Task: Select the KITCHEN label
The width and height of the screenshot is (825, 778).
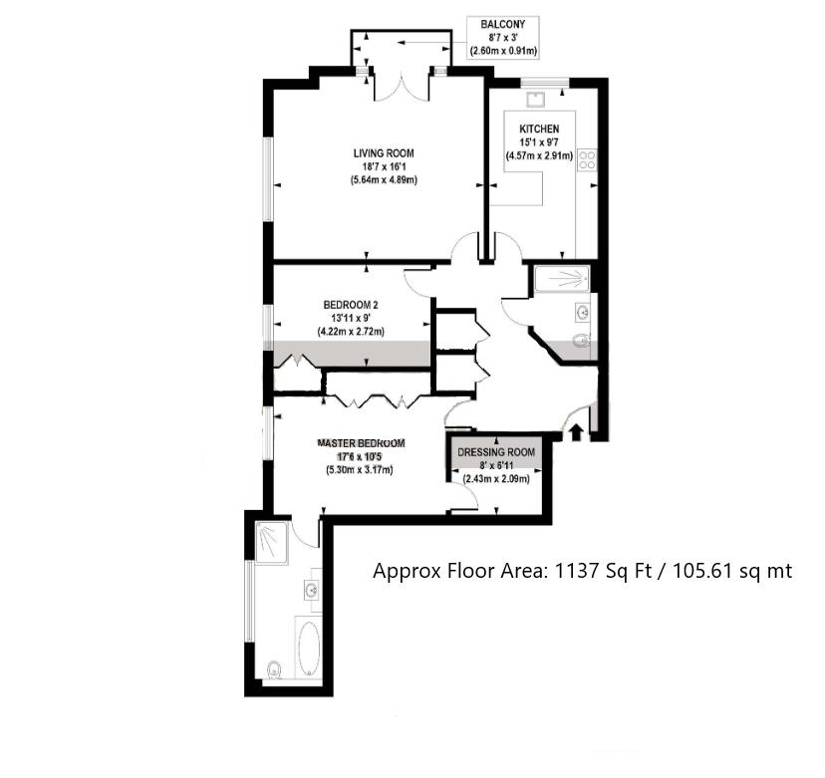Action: coord(538,129)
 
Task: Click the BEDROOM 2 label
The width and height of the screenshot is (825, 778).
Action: coord(351,305)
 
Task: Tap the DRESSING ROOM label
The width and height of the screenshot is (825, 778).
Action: coord(496,452)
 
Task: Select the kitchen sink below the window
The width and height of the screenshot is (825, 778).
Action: coord(536,98)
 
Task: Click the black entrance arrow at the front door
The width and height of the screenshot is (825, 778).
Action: coord(575,431)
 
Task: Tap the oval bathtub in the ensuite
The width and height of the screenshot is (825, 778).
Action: coord(307,648)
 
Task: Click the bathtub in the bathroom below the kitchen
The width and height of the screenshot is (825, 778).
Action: coord(563,279)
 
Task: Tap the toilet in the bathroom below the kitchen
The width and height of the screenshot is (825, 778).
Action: coord(583,343)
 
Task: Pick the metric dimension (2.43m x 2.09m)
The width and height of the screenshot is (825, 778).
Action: coord(496,479)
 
